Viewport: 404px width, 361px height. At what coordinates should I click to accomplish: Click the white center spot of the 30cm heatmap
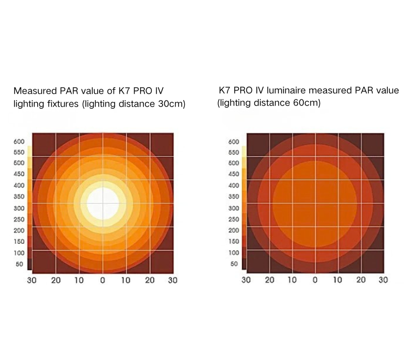pyautogui.click(x=103, y=203)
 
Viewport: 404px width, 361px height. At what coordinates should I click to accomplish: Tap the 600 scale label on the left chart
pyautogui.click(x=19, y=141)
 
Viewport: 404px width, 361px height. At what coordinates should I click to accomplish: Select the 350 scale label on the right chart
pyautogui.click(x=234, y=196)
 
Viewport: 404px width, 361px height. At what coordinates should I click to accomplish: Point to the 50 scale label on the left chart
pyautogui.click(x=19, y=264)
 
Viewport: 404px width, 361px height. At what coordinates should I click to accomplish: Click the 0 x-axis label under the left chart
pyautogui.click(x=102, y=280)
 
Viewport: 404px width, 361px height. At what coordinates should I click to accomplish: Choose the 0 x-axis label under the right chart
pyautogui.click(x=315, y=280)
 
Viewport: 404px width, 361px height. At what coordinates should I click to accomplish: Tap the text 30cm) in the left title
pyautogui.click(x=172, y=104)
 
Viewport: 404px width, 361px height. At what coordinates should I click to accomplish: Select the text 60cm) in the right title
pyautogui.click(x=307, y=103)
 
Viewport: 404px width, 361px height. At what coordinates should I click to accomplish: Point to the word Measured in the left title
pyautogui.click(x=35, y=91)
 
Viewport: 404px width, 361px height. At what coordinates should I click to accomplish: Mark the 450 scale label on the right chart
pyautogui.click(x=234, y=174)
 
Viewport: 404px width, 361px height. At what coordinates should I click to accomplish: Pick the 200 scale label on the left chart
pyautogui.click(x=19, y=231)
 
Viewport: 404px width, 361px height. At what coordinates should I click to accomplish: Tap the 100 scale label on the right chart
pyautogui.click(x=234, y=253)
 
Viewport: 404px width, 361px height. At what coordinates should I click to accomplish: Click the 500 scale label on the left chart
pyautogui.click(x=19, y=163)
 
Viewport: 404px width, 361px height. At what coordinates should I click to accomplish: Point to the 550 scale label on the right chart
pyautogui.click(x=234, y=152)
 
